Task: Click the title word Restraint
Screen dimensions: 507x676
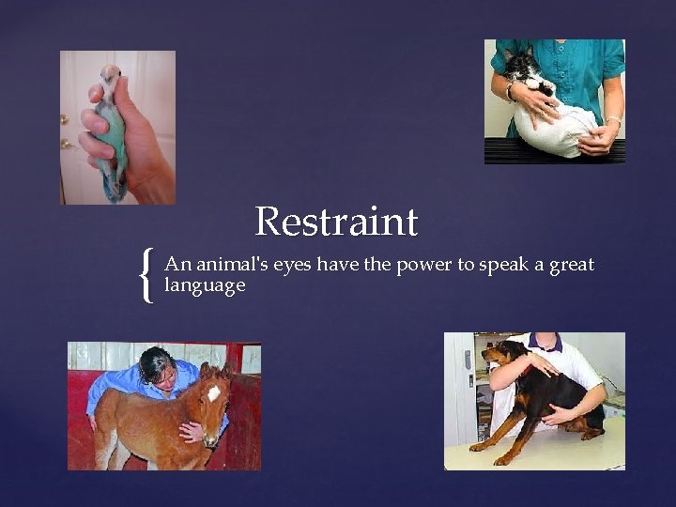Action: point(336,223)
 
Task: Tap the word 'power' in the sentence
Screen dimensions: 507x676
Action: point(422,266)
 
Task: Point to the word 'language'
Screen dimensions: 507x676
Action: point(205,285)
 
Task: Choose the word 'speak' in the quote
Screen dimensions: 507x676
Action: point(504,266)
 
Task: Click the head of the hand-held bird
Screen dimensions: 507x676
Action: point(111,76)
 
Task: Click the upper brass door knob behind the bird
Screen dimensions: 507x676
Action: point(65,119)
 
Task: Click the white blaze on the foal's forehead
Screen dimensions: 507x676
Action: point(214,392)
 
